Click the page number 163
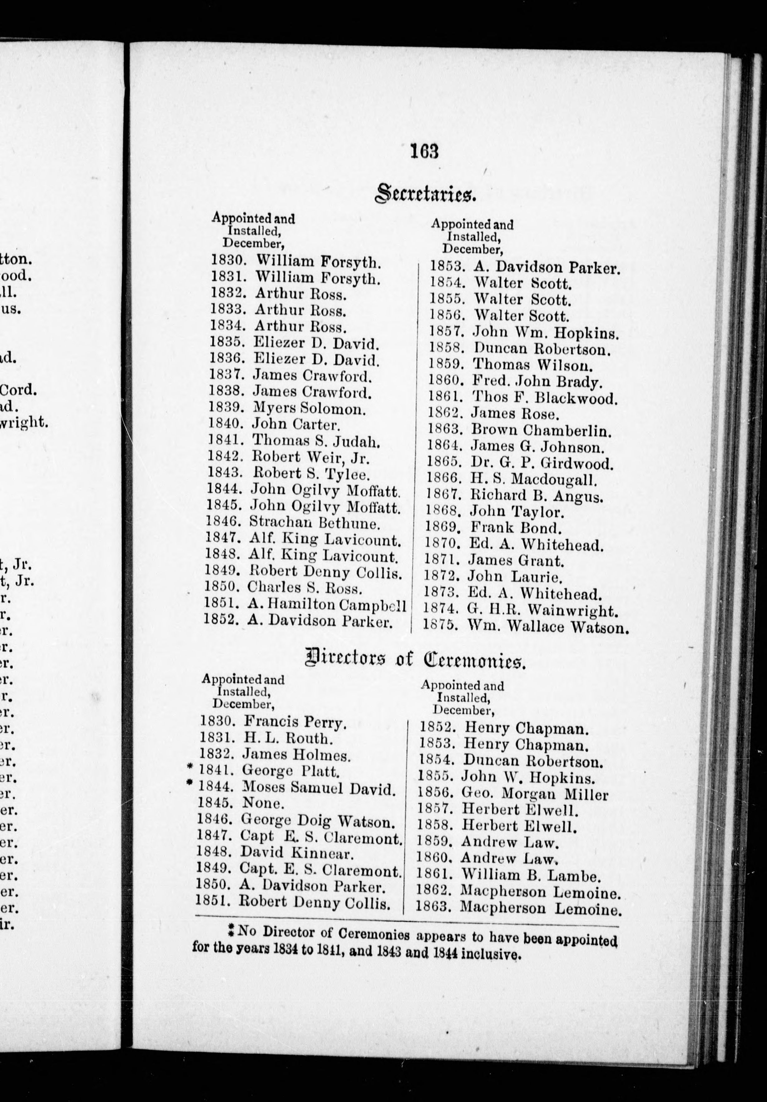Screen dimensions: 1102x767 (x=425, y=152)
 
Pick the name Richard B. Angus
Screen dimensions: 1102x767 (x=536, y=495)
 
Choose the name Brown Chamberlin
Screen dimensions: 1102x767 (x=541, y=430)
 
